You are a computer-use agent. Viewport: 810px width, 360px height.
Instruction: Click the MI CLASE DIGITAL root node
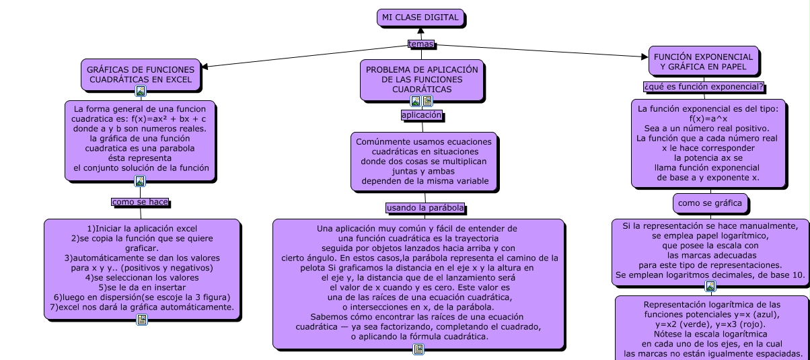coord(420,17)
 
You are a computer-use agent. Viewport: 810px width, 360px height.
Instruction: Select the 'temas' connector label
coord(421,44)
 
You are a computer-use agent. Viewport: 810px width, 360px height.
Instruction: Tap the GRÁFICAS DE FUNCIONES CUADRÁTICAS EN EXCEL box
coord(141,74)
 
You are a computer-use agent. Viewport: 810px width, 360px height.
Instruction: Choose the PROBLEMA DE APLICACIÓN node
coord(421,79)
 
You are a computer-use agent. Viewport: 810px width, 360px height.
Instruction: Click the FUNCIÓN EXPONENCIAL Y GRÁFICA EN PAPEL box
coord(703,62)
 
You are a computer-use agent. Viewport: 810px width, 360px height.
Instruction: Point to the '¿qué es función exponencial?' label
coord(703,87)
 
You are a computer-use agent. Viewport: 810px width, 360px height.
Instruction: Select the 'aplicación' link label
coord(421,115)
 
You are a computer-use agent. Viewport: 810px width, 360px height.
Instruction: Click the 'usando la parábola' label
coord(425,208)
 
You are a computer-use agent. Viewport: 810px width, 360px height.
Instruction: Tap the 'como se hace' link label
coord(140,201)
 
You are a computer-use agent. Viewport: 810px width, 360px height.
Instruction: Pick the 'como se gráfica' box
coord(710,203)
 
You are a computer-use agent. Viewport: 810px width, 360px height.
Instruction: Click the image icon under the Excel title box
coord(141,91)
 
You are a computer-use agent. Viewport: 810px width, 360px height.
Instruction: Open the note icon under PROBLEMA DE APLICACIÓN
coord(427,102)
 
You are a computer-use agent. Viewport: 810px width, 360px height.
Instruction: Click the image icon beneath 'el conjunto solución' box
coord(140,181)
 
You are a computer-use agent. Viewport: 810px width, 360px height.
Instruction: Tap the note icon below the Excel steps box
coord(141,320)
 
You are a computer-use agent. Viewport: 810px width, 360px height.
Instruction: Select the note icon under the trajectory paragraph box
coord(418,349)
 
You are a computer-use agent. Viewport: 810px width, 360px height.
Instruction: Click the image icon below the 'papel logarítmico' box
coord(710,287)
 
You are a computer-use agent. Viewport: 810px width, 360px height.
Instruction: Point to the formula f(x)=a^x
coord(708,118)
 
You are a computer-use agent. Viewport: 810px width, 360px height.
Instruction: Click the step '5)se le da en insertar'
coord(141,287)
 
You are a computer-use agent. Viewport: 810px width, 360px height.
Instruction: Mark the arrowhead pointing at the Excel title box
coord(205,66)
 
